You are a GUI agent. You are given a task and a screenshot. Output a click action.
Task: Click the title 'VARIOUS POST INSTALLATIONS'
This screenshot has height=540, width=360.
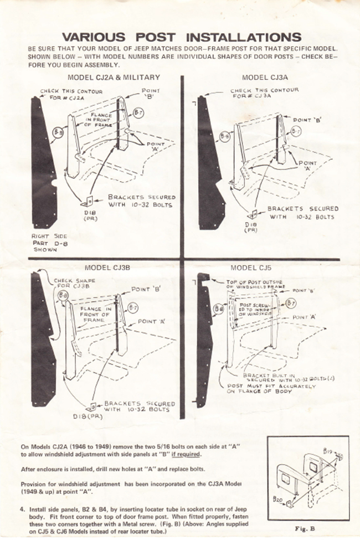click(x=181, y=37)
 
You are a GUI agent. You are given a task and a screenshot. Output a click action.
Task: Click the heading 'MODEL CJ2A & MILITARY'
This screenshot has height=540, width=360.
click(x=114, y=77)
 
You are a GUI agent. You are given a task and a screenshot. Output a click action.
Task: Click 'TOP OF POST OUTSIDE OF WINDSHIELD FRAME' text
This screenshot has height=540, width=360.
click(x=254, y=284)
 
